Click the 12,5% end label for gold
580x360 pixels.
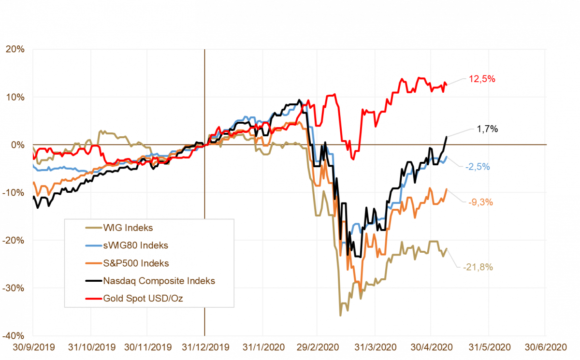(x=482, y=79)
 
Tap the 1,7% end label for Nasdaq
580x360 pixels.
(x=488, y=129)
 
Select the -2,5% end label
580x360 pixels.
(x=478, y=167)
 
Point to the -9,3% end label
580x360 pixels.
(x=480, y=202)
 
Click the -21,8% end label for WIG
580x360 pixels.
(x=478, y=267)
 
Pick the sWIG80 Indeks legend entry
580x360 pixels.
(x=135, y=245)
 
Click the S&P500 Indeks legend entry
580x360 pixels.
(x=136, y=263)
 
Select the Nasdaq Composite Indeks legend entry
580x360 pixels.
(x=159, y=281)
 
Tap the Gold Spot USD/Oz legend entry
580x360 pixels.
(x=143, y=298)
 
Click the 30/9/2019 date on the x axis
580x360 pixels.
(x=33, y=347)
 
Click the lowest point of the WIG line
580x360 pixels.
(x=340, y=316)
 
